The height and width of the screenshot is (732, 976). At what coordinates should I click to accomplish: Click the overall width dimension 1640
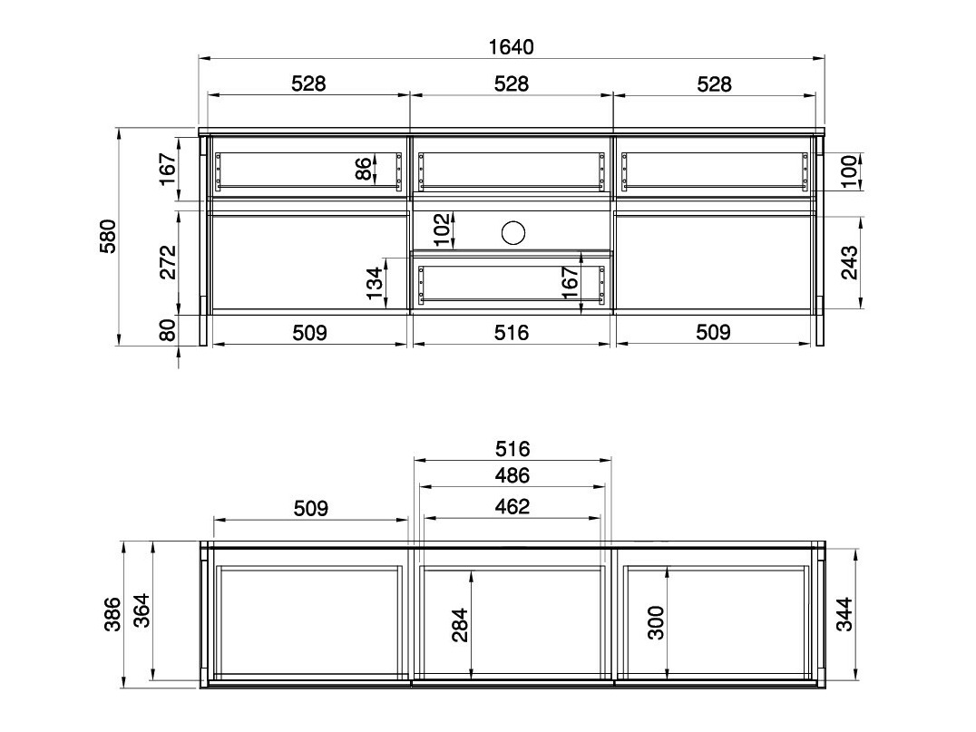click(x=512, y=47)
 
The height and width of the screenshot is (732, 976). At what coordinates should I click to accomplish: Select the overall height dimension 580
click(x=109, y=236)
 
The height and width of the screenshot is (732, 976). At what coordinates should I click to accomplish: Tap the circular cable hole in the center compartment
click(x=513, y=233)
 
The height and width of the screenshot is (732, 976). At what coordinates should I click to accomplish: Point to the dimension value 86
click(x=363, y=169)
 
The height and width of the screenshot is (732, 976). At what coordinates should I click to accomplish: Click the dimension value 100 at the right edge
click(x=849, y=171)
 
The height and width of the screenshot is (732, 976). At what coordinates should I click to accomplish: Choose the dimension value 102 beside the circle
click(x=442, y=229)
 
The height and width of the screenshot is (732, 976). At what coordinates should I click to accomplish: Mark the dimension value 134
click(x=374, y=285)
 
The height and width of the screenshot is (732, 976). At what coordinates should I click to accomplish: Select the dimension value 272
click(x=168, y=263)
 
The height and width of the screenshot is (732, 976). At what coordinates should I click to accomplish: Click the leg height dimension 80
click(x=168, y=330)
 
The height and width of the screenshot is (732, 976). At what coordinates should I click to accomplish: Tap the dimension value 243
click(x=849, y=263)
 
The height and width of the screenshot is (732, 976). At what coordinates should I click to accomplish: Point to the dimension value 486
click(x=512, y=475)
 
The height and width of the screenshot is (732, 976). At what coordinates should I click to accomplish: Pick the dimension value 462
click(x=512, y=507)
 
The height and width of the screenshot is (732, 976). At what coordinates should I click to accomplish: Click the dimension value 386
click(x=112, y=615)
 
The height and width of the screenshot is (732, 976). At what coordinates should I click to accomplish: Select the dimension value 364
click(x=142, y=615)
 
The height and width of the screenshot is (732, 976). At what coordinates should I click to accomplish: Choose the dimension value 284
click(x=459, y=625)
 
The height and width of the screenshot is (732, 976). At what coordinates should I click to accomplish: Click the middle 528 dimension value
click(x=512, y=84)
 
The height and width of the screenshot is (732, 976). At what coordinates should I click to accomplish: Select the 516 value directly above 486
click(x=512, y=449)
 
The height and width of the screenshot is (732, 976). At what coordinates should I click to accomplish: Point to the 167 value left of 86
click(x=168, y=169)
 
